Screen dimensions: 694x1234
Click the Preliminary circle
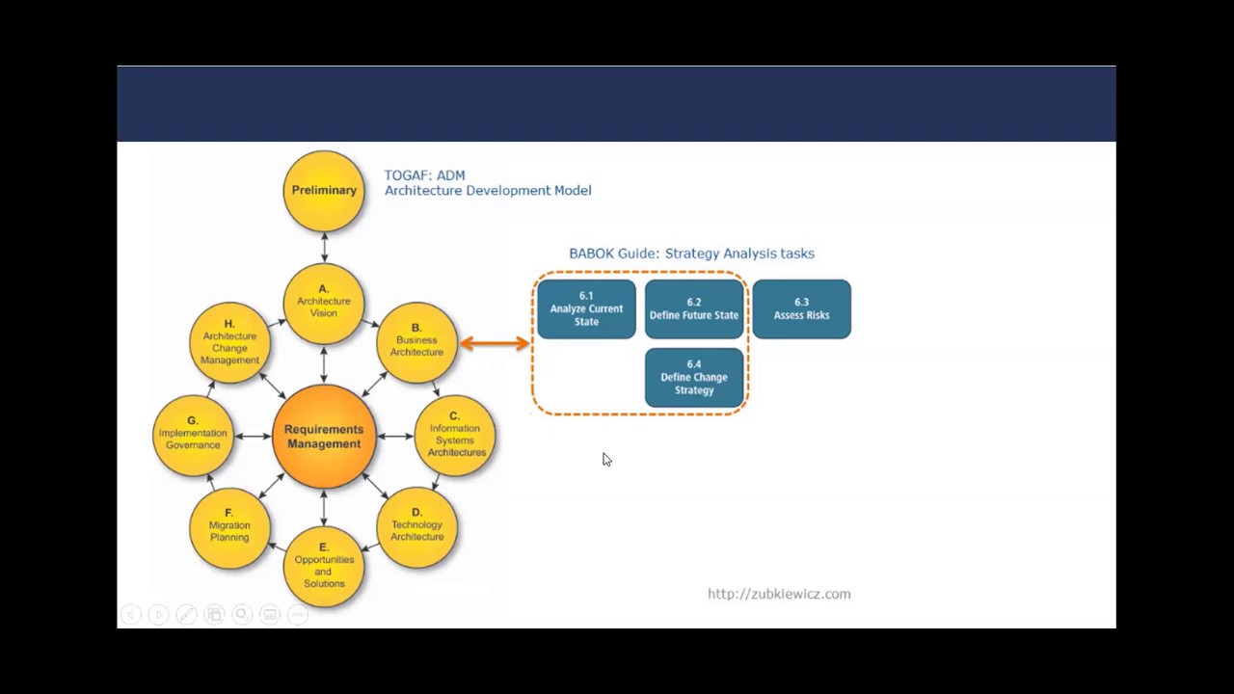324,191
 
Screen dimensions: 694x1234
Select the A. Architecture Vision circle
324,302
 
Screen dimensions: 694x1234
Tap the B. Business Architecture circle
416,341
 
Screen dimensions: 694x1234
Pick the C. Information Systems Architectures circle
455,436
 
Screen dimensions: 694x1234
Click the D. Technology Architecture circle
416,526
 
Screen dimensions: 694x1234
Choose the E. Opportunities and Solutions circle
324,566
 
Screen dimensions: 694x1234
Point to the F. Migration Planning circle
229,526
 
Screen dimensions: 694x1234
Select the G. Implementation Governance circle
193,435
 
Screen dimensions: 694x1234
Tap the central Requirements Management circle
324,437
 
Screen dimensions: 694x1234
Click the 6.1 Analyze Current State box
586,309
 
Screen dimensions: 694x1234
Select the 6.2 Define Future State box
694,309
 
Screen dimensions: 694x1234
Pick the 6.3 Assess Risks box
801,309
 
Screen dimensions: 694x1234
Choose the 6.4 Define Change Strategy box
694,378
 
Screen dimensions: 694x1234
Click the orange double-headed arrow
495,342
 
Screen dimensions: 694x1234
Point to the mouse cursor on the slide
606,460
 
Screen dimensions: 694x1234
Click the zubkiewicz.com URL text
779,595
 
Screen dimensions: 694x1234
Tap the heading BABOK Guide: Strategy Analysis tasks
691,254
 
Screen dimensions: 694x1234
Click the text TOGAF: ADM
424,175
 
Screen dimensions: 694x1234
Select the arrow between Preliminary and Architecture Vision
324,247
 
